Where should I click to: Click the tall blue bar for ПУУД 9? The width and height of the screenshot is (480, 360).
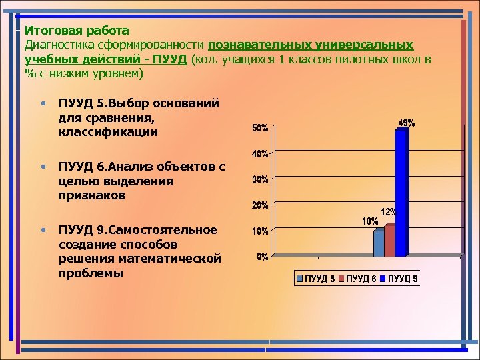click(x=401, y=193)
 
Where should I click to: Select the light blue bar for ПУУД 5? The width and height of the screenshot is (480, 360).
click(x=379, y=243)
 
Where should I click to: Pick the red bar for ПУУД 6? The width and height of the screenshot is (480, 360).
click(x=389, y=241)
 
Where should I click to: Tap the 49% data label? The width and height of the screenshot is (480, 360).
click(x=407, y=123)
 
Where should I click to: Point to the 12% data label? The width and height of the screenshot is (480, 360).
click(x=389, y=211)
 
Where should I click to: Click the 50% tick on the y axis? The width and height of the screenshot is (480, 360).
click(x=260, y=127)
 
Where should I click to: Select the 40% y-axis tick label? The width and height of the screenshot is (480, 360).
click(x=260, y=154)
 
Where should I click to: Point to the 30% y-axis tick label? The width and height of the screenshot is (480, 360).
click(x=260, y=179)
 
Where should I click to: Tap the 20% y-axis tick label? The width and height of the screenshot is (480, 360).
click(x=260, y=205)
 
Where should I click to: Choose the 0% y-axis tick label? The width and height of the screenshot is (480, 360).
click(x=263, y=257)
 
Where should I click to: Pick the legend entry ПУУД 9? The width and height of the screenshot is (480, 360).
click(x=403, y=279)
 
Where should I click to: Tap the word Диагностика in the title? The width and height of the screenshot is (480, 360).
click(x=57, y=45)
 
